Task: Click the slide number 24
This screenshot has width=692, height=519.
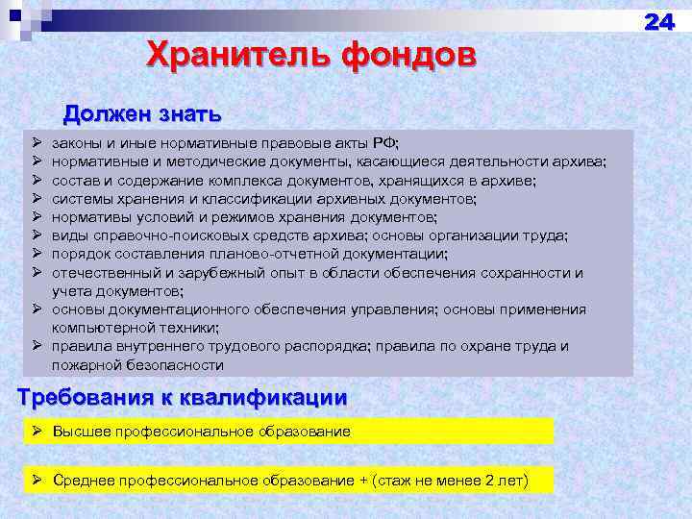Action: pos(659,22)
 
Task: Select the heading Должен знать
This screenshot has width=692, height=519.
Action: pos(143,115)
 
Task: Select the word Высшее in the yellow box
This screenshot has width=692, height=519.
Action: pos(84,432)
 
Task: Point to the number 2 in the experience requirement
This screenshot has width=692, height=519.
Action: pos(489,481)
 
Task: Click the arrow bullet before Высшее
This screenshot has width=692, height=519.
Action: pos(38,432)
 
